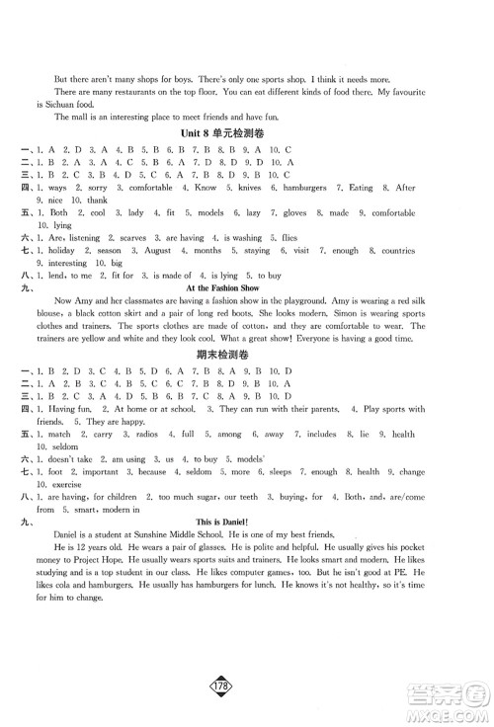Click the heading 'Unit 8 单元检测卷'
coord(247,132)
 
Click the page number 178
coord(247,687)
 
